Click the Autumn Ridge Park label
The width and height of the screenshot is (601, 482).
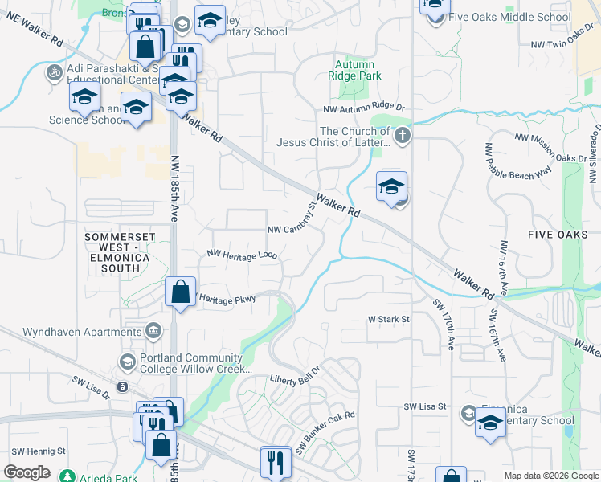354,70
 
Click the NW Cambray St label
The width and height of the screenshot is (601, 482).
292,224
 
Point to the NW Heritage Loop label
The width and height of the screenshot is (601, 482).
242,255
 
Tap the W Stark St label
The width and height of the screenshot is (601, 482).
389,319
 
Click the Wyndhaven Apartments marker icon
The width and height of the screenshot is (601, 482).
153,332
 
